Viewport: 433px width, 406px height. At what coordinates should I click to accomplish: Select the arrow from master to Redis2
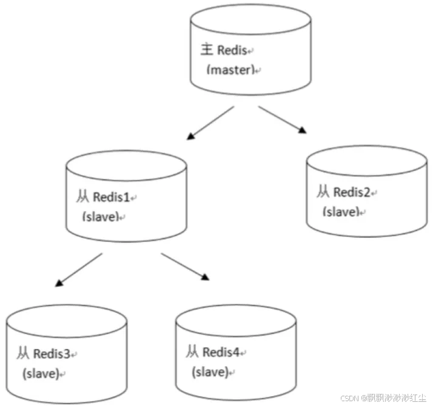(x=281, y=119)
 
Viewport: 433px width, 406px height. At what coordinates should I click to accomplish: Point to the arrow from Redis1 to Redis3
(x=79, y=270)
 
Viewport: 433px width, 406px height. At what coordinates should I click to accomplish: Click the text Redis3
(x=53, y=353)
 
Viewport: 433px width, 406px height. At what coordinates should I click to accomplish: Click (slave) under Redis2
(x=341, y=211)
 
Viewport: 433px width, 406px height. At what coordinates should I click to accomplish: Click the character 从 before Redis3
(x=24, y=353)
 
